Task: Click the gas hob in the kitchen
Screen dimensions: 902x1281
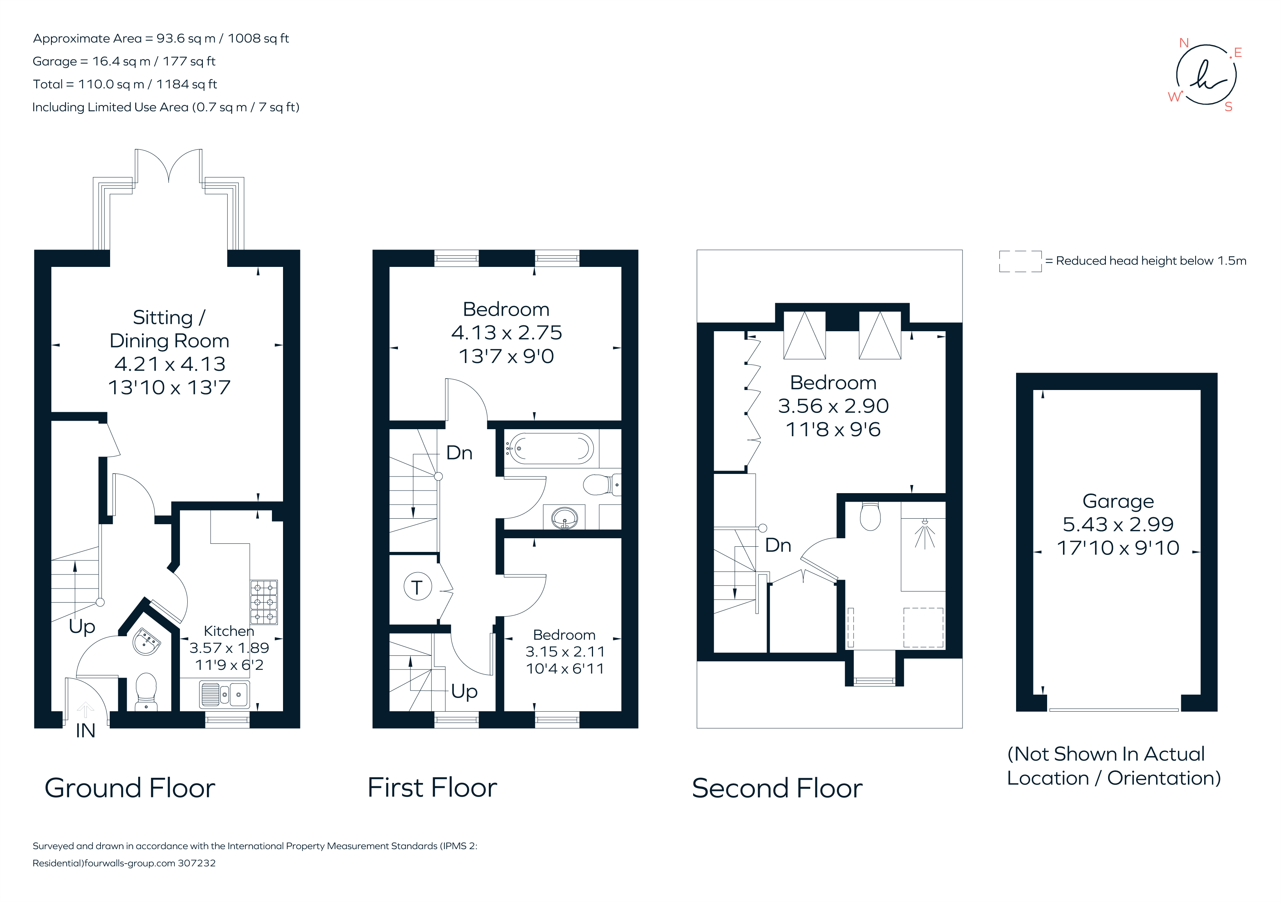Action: click(263, 602)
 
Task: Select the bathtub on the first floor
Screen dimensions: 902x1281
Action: click(551, 449)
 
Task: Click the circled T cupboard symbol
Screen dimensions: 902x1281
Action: click(417, 587)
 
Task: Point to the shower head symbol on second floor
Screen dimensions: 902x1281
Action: click(924, 532)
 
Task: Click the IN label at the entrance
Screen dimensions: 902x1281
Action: click(85, 730)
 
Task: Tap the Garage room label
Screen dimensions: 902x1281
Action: click(1118, 501)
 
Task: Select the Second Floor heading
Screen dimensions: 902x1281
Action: click(777, 788)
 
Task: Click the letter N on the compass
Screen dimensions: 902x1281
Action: click(1183, 43)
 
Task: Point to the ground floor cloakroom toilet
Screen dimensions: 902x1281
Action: click(146, 691)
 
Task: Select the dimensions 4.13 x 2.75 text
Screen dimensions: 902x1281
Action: click(506, 333)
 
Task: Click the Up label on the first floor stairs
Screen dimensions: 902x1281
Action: click(464, 691)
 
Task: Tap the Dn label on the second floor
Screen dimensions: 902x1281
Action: click(778, 545)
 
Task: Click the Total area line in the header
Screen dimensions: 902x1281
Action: click(125, 84)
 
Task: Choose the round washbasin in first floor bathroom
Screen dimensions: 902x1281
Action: click(565, 518)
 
